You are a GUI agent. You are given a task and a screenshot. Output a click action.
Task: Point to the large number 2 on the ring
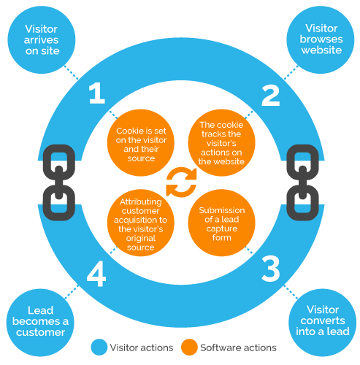(x=270, y=95)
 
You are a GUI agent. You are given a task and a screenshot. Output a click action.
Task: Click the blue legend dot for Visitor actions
(x=98, y=347)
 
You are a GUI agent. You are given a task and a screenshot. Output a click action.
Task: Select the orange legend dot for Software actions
(x=190, y=347)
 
